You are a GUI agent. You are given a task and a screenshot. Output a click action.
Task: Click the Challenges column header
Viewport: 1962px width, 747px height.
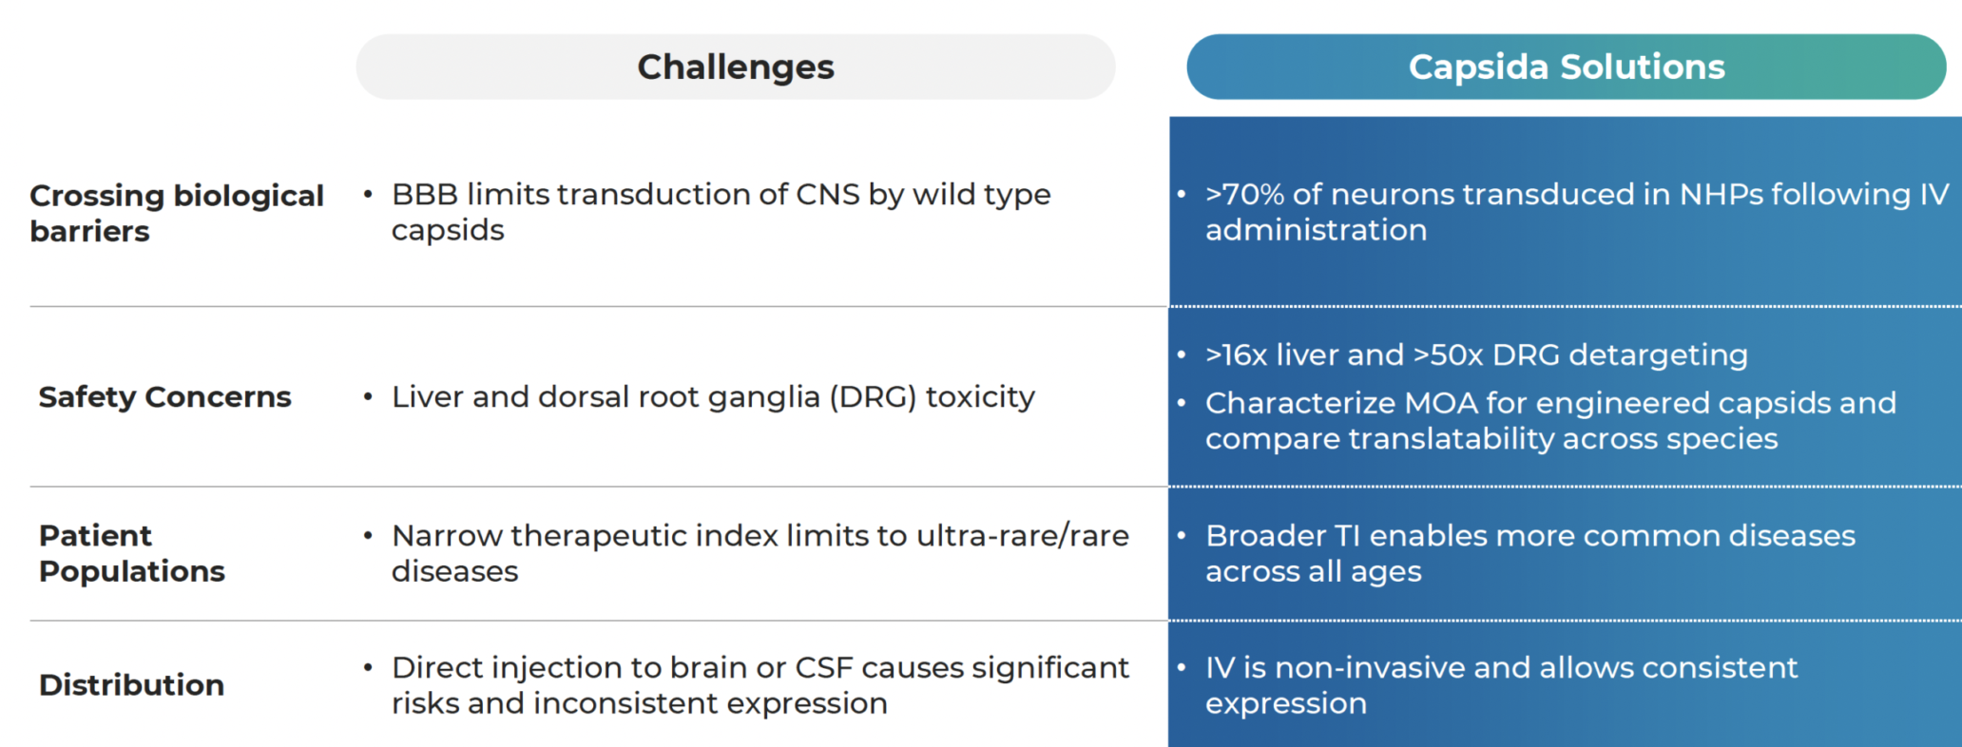735,67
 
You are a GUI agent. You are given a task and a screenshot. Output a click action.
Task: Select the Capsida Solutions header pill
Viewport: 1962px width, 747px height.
1566,67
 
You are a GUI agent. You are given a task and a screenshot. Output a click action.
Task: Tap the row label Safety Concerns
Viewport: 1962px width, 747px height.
164,396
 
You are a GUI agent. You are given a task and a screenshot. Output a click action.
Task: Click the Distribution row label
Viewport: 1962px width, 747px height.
131,684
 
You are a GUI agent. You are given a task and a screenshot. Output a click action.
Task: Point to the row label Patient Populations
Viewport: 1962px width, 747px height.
131,553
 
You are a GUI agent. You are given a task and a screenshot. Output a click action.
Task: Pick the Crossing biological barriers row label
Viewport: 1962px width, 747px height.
177,213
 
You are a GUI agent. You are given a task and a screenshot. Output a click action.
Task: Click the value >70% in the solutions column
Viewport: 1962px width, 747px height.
1244,194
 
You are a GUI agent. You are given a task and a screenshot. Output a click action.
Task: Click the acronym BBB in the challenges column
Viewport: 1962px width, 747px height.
425,194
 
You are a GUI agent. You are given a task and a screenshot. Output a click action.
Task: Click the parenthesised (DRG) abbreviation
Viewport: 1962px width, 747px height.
873,396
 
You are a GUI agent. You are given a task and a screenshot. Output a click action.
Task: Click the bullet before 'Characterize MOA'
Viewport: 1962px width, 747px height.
1182,403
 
